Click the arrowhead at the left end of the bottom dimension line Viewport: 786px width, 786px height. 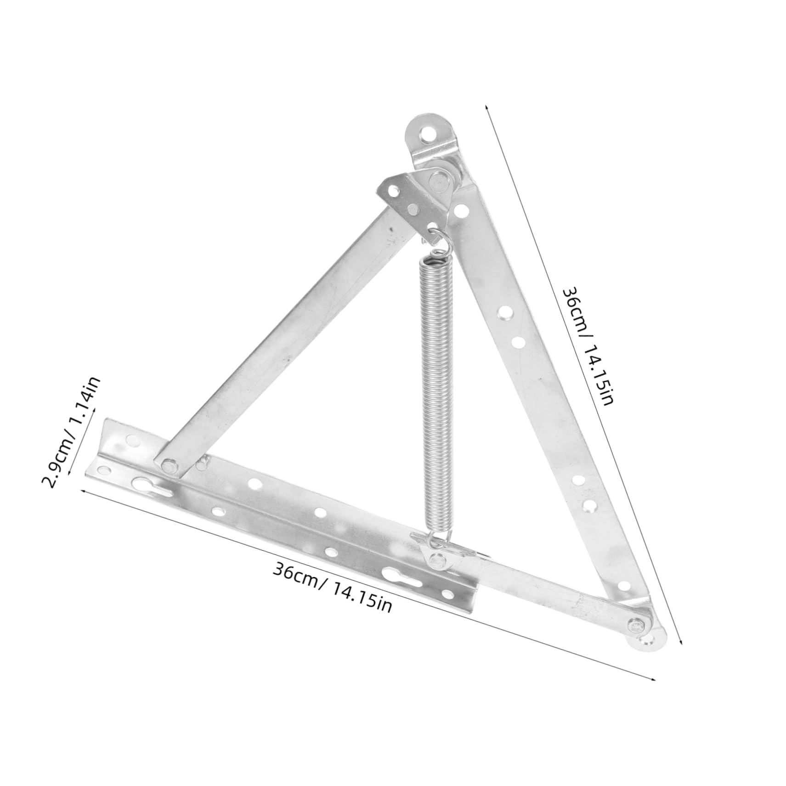pyautogui.click(x=83, y=491)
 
